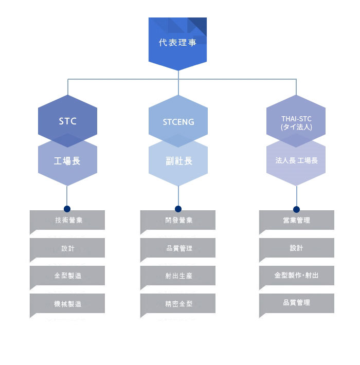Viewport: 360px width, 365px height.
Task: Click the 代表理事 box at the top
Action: pos(177,43)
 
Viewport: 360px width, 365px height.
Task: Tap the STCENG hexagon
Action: pos(178,122)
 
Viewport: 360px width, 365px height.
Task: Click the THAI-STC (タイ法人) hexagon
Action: pos(296,122)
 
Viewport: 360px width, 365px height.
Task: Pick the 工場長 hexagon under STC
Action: pos(67,161)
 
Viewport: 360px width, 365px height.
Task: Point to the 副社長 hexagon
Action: pos(178,161)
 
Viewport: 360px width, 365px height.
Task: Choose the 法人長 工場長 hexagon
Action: pos(296,160)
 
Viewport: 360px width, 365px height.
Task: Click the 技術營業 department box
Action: pos(67,221)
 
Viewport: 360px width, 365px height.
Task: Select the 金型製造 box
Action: pos(67,276)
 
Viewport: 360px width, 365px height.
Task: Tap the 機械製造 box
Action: pos(67,304)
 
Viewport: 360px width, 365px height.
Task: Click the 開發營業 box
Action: pos(178,221)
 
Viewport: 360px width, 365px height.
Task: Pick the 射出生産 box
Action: pos(178,276)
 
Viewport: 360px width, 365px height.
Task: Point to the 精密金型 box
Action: pos(178,304)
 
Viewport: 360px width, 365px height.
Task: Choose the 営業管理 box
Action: pos(296,221)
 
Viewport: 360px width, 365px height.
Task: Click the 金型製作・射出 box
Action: pos(296,276)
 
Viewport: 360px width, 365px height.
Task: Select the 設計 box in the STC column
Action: pos(67,248)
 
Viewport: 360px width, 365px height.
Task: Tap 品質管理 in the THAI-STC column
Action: pos(296,303)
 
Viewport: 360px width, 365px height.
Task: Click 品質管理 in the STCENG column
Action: pos(178,248)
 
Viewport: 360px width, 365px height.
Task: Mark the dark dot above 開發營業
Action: pos(178,209)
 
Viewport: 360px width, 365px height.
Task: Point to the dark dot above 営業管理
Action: pos(296,209)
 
